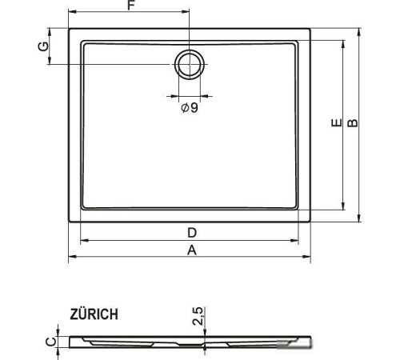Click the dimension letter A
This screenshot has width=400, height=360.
191,250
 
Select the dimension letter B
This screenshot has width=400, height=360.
353,122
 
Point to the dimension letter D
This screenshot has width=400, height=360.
191,232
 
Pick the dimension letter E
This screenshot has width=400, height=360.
336,122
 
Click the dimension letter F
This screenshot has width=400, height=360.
130,7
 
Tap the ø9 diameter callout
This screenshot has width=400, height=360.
189,107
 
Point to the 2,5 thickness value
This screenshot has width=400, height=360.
197,317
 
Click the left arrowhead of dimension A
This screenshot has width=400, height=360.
70,258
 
